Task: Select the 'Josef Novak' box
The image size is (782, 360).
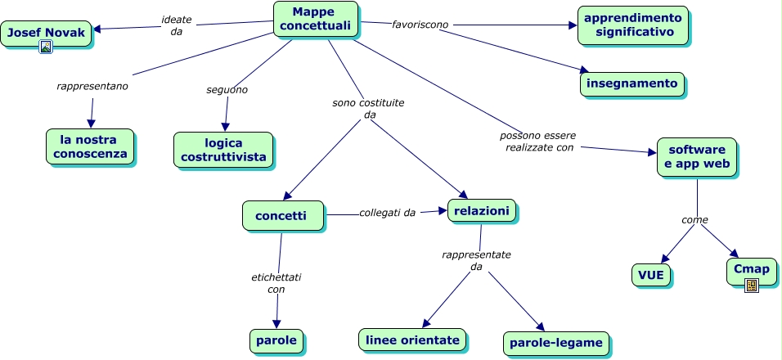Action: click(x=46, y=33)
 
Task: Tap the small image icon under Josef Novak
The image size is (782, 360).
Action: click(x=46, y=47)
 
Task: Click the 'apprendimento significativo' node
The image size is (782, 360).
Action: click(x=632, y=25)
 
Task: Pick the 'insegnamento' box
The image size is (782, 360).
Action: click(x=631, y=83)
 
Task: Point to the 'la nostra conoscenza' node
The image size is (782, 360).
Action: click(x=89, y=146)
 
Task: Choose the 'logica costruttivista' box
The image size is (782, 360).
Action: click(x=223, y=150)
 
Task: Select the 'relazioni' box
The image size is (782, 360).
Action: click(x=481, y=211)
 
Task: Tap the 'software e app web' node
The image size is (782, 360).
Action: click(x=696, y=157)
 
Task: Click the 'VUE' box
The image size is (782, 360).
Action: click(x=651, y=274)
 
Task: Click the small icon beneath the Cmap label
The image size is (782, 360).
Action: click(x=751, y=285)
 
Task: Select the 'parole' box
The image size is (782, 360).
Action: click(x=276, y=340)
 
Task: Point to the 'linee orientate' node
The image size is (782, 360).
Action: click(x=413, y=339)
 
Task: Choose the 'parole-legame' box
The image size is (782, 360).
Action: click(x=557, y=342)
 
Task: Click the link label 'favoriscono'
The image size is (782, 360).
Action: click(x=420, y=25)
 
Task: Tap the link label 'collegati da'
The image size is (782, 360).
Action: click(x=387, y=213)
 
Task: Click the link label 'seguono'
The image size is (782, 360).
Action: click(x=227, y=89)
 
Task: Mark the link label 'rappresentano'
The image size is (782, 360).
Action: click(x=92, y=85)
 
